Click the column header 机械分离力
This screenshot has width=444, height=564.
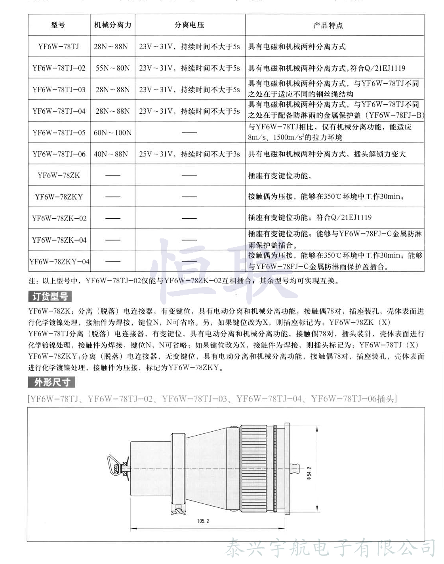(x=112, y=25)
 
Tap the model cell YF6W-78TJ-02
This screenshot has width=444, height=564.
(x=59, y=68)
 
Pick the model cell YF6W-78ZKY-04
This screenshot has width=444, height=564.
(x=59, y=261)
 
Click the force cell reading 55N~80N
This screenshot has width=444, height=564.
(x=112, y=68)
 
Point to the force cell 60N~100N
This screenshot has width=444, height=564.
(x=112, y=133)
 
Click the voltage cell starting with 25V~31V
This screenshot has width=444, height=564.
(x=189, y=154)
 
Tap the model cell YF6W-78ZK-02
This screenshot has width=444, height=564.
(x=59, y=218)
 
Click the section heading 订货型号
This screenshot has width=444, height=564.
(x=50, y=296)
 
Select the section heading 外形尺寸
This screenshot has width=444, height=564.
(x=52, y=382)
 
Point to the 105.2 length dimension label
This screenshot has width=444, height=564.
(x=203, y=521)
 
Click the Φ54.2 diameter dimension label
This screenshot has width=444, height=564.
(x=309, y=473)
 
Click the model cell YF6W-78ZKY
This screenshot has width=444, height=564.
(x=59, y=197)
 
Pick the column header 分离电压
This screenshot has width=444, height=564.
(x=189, y=25)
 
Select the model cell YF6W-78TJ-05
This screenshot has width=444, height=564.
(x=59, y=133)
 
